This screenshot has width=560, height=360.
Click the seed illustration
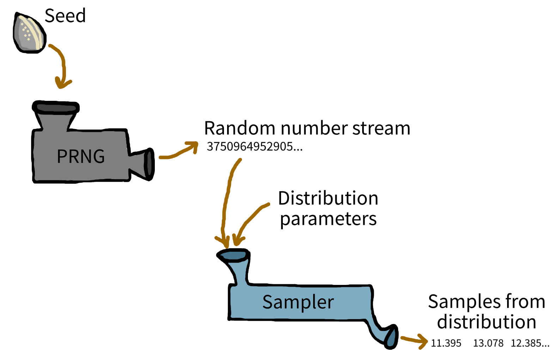tap(30, 33)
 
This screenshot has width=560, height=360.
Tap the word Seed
tap(65, 16)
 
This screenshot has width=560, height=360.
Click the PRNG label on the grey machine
tap(81, 156)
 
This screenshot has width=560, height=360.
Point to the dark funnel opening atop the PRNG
tap(56, 107)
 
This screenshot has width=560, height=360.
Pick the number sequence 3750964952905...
tap(255, 146)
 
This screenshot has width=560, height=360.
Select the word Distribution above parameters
tap(328, 198)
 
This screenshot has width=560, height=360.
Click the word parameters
tap(328, 219)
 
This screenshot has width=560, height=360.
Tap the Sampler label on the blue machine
tap(298, 302)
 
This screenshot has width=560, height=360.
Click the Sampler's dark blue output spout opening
tap(391, 337)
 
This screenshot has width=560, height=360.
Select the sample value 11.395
tap(446, 343)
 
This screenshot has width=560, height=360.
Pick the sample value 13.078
tap(488, 343)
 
